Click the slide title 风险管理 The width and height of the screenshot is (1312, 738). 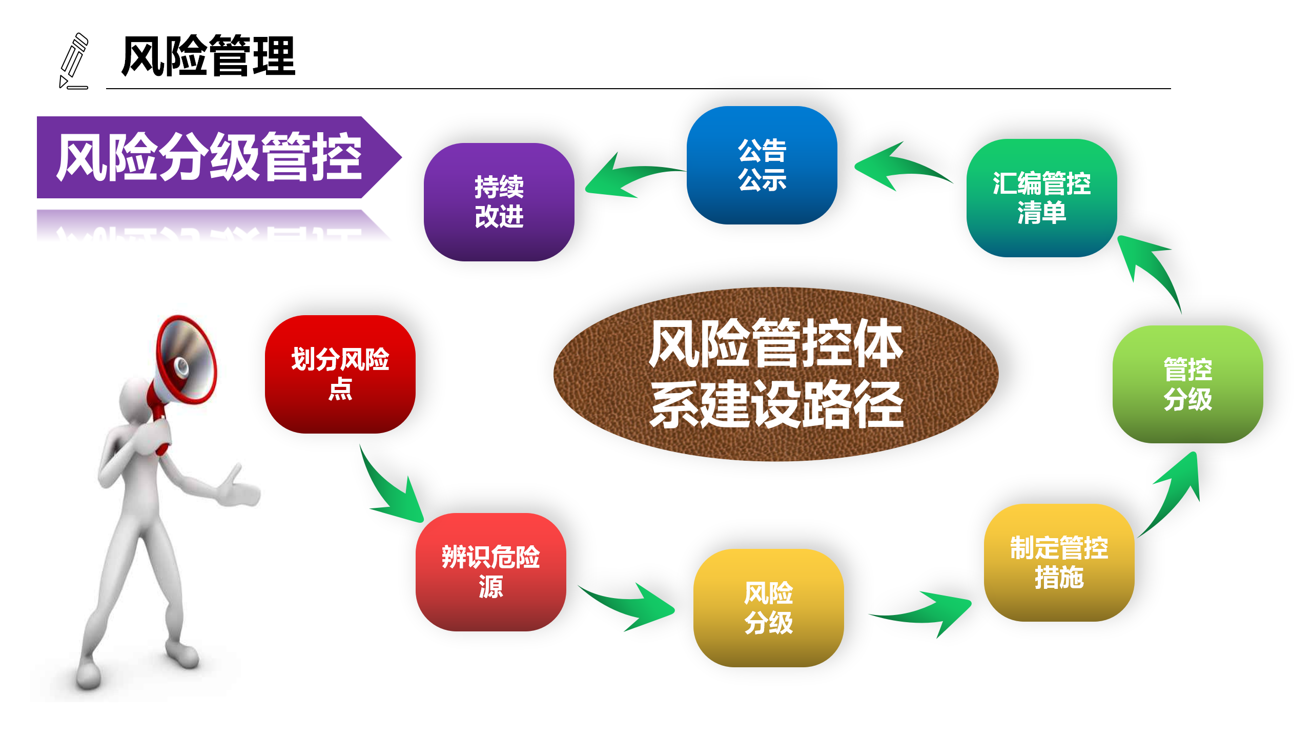pyautogui.click(x=208, y=56)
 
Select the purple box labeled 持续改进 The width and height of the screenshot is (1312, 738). pyautogui.click(x=499, y=202)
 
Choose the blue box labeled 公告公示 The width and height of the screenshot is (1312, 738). pyautogui.click(x=762, y=165)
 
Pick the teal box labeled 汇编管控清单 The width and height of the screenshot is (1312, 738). pyautogui.click(x=1041, y=198)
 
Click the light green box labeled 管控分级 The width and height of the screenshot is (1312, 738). pyautogui.click(x=1188, y=384)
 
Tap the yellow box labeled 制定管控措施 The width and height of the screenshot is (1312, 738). pyautogui.click(x=1059, y=563)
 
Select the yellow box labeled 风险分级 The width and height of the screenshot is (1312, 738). pyautogui.click(x=768, y=608)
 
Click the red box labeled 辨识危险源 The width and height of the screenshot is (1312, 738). pyautogui.click(x=491, y=572)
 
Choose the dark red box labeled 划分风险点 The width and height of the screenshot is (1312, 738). pyautogui.click(x=340, y=374)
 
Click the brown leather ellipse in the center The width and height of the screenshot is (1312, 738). pyautogui.click(x=776, y=374)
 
